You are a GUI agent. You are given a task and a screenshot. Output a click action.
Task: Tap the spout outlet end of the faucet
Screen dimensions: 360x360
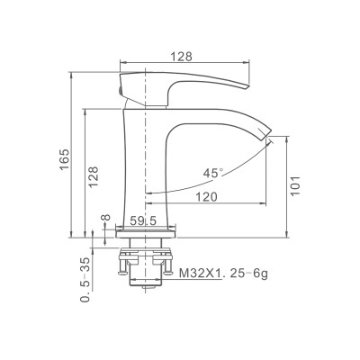[267, 138]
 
